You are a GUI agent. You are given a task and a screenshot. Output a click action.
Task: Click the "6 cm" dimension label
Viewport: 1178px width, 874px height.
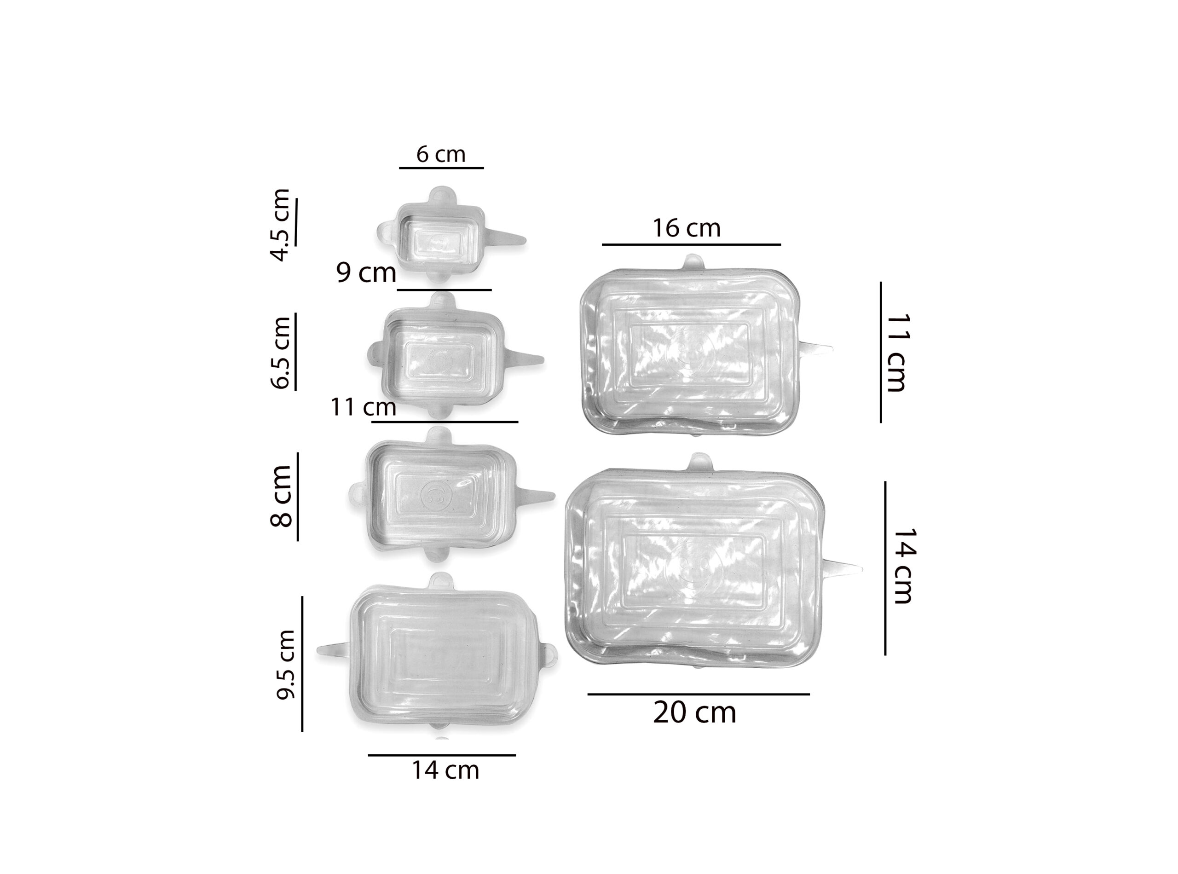point(441,155)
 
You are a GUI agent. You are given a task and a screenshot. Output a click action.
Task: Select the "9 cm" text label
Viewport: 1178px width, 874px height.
point(366,272)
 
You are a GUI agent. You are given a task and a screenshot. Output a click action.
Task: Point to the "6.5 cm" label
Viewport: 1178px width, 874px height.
point(280,353)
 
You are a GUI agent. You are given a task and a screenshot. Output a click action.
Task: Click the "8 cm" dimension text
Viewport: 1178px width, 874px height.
point(280,496)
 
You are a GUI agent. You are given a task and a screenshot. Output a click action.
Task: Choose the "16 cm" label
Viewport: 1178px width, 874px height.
point(687,228)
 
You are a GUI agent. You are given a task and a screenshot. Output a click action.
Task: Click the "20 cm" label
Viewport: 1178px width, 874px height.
point(694,712)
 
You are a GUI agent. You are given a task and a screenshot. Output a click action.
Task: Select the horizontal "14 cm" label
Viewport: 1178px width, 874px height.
point(445,770)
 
